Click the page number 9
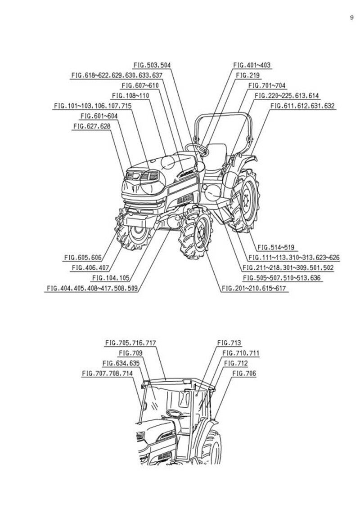tap(351, 18)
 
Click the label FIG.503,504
tap(152, 65)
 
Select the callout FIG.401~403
tap(252, 65)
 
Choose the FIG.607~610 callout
tap(140, 85)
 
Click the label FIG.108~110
tap(130, 96)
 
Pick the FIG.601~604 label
tap(99, 116)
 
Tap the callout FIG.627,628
tap(91, 127)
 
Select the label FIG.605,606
tap(83, 258)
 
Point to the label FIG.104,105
tap(111, 278)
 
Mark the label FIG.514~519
tap(275, 247)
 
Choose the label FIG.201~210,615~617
tap(254, 288)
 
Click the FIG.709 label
tap(130, 353)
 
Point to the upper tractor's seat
tap(217, 155)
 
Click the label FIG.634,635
tap(121, 363)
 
